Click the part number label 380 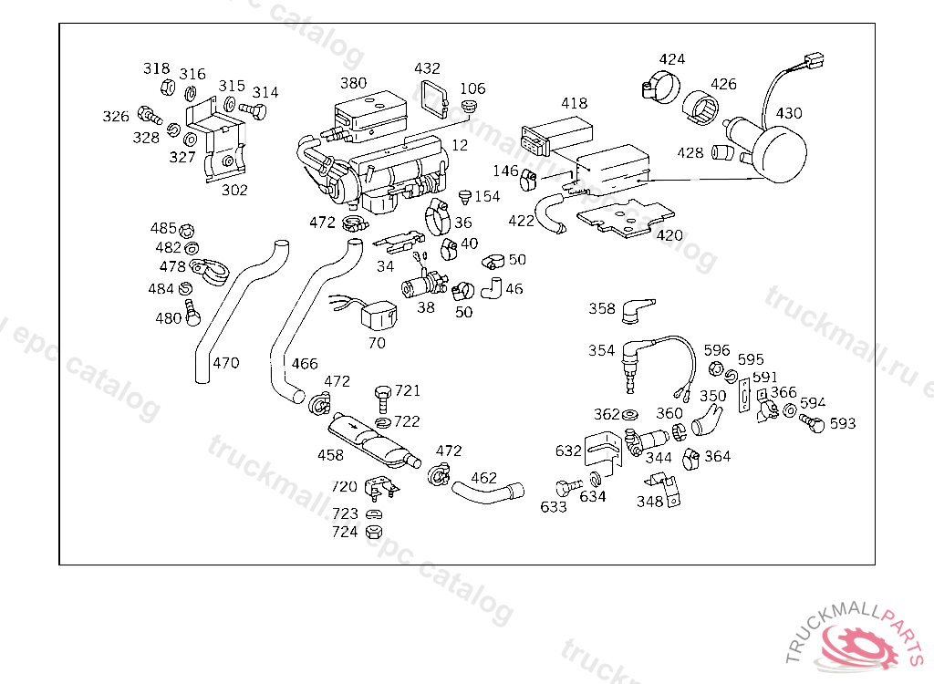353,83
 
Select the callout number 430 789,113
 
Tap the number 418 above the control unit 574,103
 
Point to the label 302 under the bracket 234,190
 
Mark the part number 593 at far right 843,423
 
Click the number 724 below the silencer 345,532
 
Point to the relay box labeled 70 378,316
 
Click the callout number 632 568,451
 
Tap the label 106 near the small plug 472,88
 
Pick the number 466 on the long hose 305,364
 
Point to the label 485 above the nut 163,228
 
